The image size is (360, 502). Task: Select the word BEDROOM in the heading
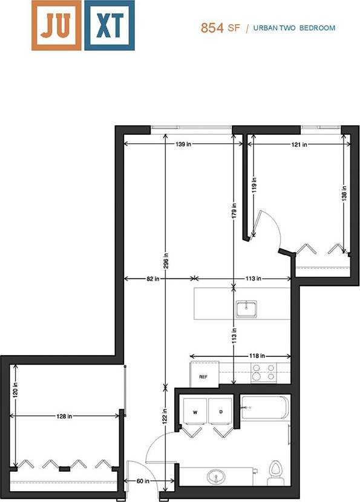tap(317, 28)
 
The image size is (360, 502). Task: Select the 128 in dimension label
tap(65, 416)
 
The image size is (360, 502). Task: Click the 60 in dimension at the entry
tap(143, 481)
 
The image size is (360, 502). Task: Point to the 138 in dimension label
tap(344, 192)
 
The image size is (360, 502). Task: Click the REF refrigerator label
tap(203, 376)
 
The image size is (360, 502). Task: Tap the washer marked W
tap(194, 412)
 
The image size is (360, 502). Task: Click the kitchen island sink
tap(247, 309)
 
